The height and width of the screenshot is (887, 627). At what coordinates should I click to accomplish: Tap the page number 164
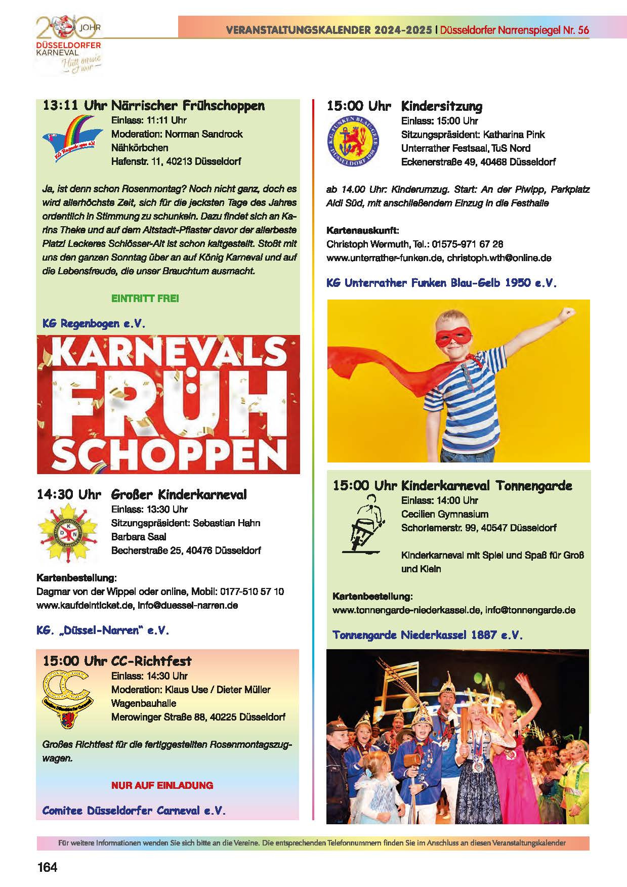(x=48, y=867)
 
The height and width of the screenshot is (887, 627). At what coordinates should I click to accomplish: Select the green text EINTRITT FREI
(x=145, y=298)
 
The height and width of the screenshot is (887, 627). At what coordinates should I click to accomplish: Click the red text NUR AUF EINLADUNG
(x=162, y=785)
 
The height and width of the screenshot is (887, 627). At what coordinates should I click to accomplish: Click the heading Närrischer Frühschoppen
(x=188, y=106)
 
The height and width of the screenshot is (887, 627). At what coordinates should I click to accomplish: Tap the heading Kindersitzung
(x=442, y=106)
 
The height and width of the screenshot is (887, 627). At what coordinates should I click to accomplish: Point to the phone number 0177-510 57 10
(x=252, y=592)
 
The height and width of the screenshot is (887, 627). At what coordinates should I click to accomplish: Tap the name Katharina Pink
(x=514, y=135)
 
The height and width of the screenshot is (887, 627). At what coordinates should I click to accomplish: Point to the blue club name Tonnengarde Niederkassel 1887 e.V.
(x=427, y=635)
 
